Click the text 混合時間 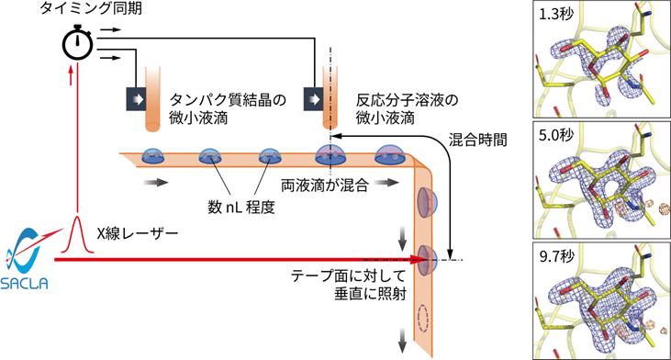point(479,141)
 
